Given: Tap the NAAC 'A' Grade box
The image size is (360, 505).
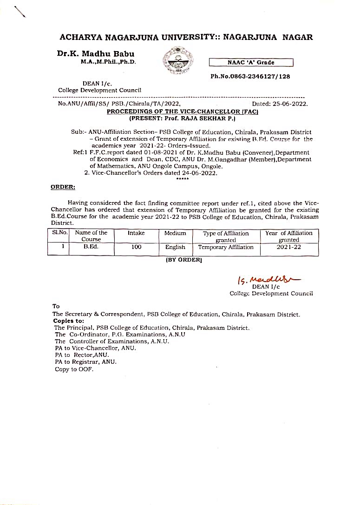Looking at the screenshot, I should pos(251,63).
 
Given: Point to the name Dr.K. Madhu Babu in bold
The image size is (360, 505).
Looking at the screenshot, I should pos(96,54).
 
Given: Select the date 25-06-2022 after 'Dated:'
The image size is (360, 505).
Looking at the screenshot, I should pos(291,105).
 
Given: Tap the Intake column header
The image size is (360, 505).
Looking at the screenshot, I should pos(136,233).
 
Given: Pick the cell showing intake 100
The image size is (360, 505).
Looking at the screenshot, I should pos(136,247).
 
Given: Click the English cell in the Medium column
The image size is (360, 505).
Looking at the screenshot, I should pos(175,247).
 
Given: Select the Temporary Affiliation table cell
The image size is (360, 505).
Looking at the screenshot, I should pos(226,247).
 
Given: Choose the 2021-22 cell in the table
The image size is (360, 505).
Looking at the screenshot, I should pos(289,247).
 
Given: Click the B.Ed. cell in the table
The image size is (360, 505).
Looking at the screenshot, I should pos(91,247).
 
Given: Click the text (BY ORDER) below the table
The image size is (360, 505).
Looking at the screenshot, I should pos(184,261).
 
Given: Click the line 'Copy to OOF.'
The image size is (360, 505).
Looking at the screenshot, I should pos(74,369).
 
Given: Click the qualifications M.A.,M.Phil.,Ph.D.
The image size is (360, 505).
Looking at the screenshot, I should pos(108,62).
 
